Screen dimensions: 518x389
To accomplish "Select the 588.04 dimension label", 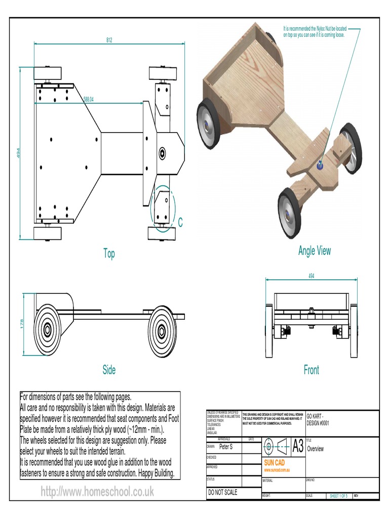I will click(x=89, y=100).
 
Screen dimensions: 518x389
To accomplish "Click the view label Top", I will click(x=109, y=254).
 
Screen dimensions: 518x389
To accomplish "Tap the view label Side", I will click(x=109, y=370).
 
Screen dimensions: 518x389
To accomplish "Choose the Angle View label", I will click(x=314, y=251).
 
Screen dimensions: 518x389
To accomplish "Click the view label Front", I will click(x=311, y=370).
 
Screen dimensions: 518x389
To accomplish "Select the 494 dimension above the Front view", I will click(x=310, y=276).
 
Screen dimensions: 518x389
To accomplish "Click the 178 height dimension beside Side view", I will click(x=22, y=324).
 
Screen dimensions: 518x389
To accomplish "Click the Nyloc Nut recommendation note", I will click(x=314, y=32).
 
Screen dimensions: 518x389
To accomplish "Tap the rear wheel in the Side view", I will click(x=48, y=330).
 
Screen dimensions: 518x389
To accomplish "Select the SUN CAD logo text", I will click(x=276, y=463).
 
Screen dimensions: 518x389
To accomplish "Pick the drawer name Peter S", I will click(x=226, y=447).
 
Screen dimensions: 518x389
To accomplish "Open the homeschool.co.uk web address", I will click(x=97, y=491).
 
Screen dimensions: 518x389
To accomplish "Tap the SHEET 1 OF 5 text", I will click(x=338, y=496).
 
